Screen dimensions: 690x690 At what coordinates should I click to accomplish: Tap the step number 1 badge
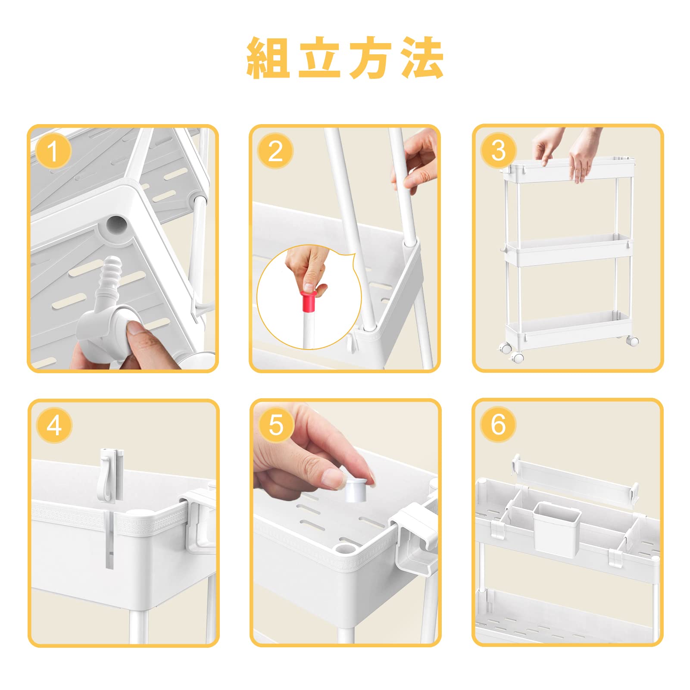coord(53,151)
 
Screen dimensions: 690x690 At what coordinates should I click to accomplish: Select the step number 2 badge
coord(275,151)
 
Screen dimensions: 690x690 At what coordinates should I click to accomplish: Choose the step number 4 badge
coord(54,425)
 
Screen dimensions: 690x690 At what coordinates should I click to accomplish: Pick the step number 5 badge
coord(276,425)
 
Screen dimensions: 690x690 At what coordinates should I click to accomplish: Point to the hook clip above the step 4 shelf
coord(111,474)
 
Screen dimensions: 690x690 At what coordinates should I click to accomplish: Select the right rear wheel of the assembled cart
coord(633,341)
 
